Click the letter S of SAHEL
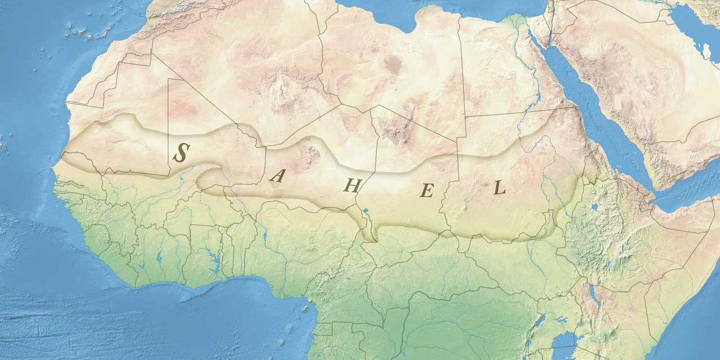click(x=181, y=152)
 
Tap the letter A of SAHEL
click(x=276, y=177)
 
